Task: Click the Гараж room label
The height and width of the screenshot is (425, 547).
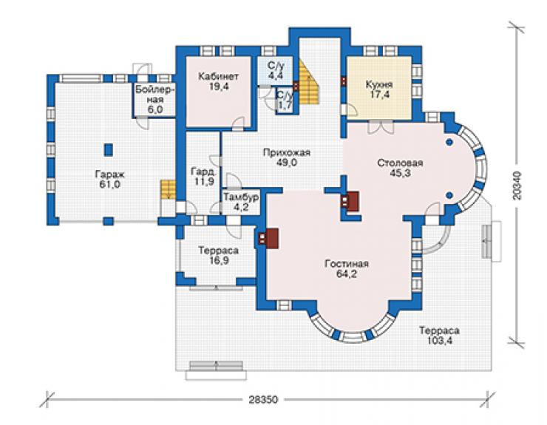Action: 110,174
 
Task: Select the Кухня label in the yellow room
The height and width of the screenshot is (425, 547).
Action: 379,84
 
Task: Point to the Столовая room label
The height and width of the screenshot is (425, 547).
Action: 400,163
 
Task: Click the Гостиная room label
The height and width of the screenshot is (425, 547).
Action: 347,264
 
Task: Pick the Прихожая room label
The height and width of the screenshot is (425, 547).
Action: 286,152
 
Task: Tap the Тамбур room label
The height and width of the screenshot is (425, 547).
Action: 241,197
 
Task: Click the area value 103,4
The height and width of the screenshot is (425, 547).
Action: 440,341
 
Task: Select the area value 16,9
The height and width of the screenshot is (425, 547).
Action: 218,261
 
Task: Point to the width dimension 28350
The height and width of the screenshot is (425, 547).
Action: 264,400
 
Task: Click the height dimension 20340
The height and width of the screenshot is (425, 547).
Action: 517,186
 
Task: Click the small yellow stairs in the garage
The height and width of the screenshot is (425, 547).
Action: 168,189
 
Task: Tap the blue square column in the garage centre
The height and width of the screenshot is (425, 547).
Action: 109,149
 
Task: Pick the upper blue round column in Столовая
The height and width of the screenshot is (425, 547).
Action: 449,143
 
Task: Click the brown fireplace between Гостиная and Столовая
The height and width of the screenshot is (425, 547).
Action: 350,201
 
